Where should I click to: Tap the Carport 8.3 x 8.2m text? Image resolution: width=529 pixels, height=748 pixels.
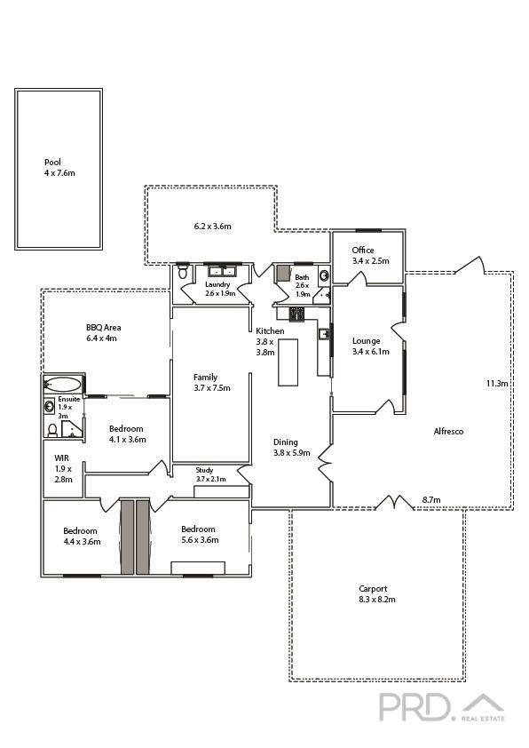pyautogui.click(x=377, y=594)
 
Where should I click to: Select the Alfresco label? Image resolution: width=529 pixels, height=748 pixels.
pyautogui.click(x=448, y=431)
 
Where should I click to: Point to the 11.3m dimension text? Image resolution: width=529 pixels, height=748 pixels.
pyautogui.click(x=497, y=383)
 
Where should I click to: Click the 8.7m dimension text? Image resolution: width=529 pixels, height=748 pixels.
pyautogui.click(x=431, y=500)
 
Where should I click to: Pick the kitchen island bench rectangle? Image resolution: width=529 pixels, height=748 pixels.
pyautogui.click(x=288, y=362)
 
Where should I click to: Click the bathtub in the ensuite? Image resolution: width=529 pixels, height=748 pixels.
pyautogui.click(x=62, y=385)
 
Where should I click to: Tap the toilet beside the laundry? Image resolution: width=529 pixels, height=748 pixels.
pyautogui.click(x=183, y=272)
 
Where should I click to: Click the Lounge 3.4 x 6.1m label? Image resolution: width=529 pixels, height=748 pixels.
pyautogui.click(x=370, y=346)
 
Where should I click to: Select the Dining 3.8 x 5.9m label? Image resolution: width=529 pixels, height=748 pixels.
pyautogui.click(x=291, y=448)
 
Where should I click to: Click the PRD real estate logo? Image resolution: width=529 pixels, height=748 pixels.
pyautogui.click(x=442, y=707)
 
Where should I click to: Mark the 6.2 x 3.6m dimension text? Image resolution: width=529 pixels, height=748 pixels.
pyautogui.click(x=212, y=227)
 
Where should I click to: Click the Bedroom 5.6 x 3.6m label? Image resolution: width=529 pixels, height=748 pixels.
pyautogui.click(x=200, y=534)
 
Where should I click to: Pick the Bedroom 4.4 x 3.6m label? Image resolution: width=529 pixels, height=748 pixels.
pyautogui.click(x=82, y=537)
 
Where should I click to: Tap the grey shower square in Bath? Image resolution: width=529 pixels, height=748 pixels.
pyautogui.click(x=283, y=274)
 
